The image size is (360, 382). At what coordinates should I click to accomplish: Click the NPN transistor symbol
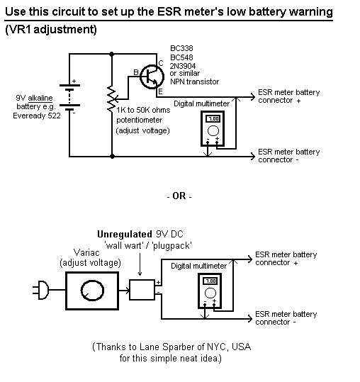tap(152, 77)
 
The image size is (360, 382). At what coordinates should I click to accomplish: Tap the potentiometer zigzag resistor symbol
tap(111, 99)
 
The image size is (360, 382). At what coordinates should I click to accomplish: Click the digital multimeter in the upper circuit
tap(213, 128)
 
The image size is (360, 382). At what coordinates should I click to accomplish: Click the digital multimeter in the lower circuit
tap(210, 291)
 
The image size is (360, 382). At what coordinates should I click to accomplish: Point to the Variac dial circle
tap(92, 291)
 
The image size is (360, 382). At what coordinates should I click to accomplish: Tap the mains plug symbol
tap(40, 290)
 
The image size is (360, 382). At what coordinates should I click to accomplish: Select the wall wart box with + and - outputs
tap(142, 290)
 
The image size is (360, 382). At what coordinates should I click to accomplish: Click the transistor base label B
tap(136, 72)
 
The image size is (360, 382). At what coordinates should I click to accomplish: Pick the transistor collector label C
tap(161, 63)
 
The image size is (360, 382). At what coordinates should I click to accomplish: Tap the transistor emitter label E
tap(160, 92)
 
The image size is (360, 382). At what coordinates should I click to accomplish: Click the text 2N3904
tap(183, 66)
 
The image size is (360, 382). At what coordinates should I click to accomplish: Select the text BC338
tap(181, 48)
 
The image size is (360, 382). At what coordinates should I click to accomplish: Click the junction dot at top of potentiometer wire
tap(112, 54)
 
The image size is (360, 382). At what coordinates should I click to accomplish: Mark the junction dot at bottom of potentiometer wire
tap(112, 157)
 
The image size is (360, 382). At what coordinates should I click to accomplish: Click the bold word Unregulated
tap(125, 234)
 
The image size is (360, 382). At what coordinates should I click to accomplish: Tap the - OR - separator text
tap(179, 196)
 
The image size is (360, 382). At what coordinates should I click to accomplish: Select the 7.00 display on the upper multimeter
tap(213, 119)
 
